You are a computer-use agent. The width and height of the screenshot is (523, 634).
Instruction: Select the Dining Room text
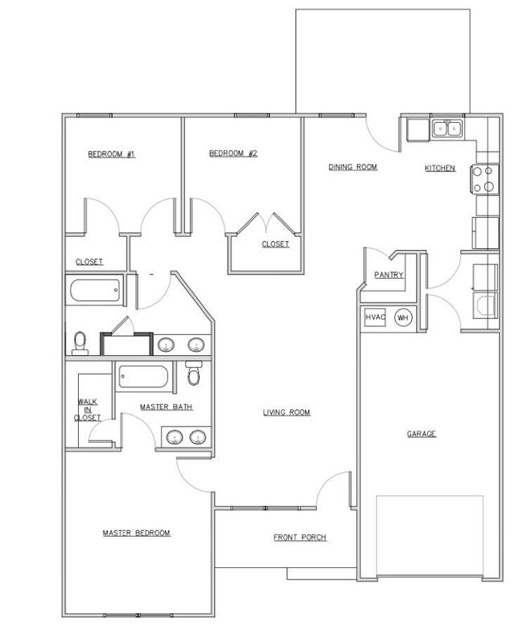click(352, 167)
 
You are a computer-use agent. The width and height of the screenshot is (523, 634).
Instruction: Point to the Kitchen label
click(440, 169)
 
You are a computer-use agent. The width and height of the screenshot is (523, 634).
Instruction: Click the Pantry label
click(389, 276)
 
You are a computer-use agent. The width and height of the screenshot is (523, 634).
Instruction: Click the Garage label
click(420, 434)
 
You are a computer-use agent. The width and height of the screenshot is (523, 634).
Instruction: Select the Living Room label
click(286, 413)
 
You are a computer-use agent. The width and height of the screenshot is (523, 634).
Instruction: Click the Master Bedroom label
click(136, 533)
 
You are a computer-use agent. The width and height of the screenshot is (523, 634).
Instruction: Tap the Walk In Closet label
click(87, 411)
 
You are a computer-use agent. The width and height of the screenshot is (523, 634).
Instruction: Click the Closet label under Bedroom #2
click(274, 243)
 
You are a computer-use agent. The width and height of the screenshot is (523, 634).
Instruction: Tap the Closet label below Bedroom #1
click(89, 262)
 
